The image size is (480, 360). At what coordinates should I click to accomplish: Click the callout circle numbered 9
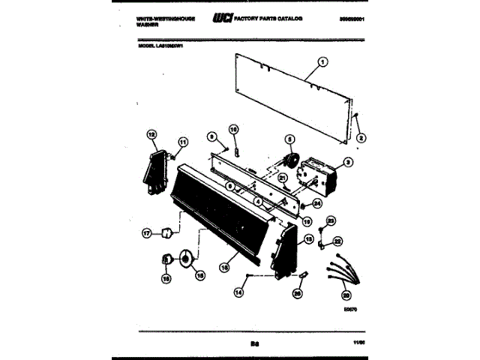(211, 136)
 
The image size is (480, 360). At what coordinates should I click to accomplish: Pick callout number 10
(232, 130)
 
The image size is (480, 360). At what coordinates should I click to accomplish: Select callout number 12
(151, 135)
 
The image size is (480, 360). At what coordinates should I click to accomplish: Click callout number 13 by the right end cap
(307, 240)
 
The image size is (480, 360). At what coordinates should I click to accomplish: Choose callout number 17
(147, 234)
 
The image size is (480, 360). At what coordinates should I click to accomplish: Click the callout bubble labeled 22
(337, 241)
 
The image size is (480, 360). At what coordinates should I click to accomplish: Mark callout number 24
(316, 202)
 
